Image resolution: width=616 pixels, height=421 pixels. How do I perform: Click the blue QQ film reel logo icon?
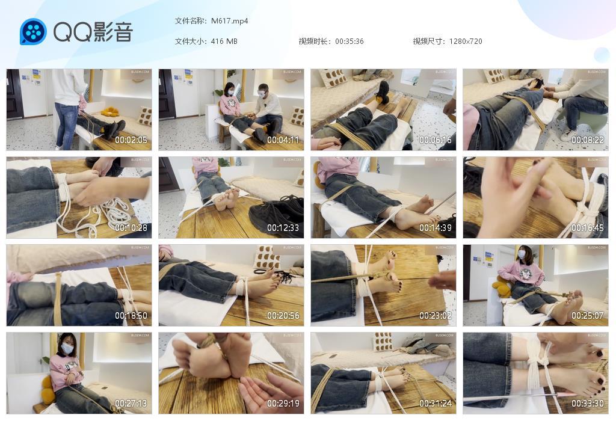(33, 32)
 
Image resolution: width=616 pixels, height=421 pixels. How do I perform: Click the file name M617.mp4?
(229, 21)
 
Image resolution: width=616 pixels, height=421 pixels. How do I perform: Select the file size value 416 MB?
(224, 41)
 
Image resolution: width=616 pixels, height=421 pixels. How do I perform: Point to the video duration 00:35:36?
(349, 41)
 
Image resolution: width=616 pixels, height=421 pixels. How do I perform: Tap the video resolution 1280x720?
(465, 41)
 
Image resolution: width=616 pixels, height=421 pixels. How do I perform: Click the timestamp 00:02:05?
(131, 140)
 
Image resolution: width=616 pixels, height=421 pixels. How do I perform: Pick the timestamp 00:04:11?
(283, 140)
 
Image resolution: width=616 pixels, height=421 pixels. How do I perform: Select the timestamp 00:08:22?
(588, 140)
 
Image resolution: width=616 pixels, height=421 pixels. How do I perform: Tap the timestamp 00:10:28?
(131, 228)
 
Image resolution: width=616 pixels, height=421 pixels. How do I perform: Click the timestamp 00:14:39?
(436, 228)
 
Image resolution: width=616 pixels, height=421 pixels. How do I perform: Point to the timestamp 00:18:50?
(131, 316)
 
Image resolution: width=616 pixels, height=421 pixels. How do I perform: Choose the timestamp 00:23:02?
(436, 316)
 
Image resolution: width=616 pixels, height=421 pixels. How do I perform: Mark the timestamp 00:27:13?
(131, 404)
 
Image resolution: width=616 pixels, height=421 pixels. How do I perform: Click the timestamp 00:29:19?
(283, 404)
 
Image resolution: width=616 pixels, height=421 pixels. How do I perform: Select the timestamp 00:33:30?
(588, 404)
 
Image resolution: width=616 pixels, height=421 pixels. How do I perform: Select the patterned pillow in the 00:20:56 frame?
(266, 257)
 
